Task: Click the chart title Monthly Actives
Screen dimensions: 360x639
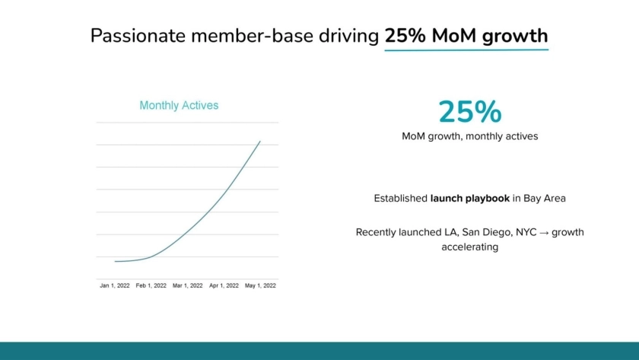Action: tap(179, 106)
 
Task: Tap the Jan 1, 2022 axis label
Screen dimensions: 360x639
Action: tap(115, 285)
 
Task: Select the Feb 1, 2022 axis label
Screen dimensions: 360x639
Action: tap(151, 285)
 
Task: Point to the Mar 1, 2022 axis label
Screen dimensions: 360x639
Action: tap(188, 285)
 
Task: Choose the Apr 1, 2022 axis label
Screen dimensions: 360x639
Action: tap(224, 285)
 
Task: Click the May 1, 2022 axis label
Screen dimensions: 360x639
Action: tap(261, 285)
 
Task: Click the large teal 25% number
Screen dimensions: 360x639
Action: tap(469, 112)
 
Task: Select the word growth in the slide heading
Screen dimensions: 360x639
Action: tap(517, 36)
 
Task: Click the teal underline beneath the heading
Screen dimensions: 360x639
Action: tap(466, 50)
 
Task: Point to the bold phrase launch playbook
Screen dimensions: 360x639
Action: tap(469, 198)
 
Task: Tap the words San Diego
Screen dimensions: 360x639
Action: tap(485, 232)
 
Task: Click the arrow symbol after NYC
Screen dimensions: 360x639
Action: tap(543, 232)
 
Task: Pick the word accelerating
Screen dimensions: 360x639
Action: tap(469, 247)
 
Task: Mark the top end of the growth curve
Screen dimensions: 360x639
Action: tap(260, 141)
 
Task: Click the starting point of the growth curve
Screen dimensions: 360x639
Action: tap(115, 261)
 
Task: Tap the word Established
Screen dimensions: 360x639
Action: tap(400, 198)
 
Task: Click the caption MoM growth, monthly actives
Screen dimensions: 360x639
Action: tap(469, 136)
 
